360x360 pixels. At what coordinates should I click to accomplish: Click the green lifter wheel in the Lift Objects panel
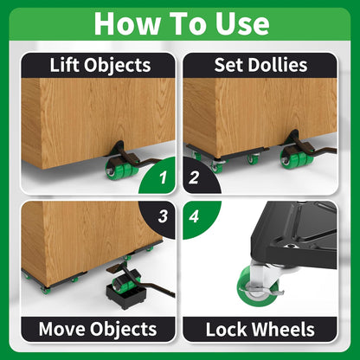click(116, 170)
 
